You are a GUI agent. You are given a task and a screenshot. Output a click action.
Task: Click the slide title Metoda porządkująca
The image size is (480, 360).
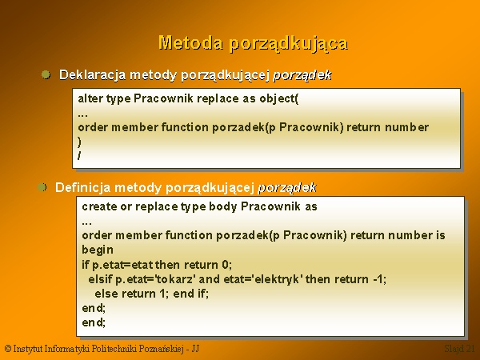coord(254,43)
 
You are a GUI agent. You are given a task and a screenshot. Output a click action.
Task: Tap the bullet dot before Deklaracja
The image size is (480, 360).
coord(46,74)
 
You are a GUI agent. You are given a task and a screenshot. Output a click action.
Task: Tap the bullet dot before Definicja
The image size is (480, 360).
coord(42,187)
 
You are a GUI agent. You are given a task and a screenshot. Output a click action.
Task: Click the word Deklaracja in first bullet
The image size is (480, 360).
coord(92,75)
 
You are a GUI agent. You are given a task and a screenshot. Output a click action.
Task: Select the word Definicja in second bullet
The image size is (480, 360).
coord(82,187)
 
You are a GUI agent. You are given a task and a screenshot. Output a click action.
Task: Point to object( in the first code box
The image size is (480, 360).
coord(279,99)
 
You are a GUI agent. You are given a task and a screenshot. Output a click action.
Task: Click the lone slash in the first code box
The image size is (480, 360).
coord(79,156)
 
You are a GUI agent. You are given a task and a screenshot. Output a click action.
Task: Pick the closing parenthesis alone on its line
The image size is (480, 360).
coord(79,142)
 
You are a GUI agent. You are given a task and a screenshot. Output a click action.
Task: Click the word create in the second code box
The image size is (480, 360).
coord(99,206)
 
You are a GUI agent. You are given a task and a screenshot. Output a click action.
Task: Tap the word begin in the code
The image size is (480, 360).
coord(98,250)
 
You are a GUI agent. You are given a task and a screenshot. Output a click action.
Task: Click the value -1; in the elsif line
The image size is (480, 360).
coord(380,279)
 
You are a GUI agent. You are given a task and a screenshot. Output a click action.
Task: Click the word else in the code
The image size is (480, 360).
coord(106,294)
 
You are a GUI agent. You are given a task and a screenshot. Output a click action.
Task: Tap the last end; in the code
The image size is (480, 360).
coord(94,322)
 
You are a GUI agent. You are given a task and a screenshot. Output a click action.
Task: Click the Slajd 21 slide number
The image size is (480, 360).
coord(459,349)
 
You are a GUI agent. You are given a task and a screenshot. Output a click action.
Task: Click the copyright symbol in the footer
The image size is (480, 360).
coord(8,349)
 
